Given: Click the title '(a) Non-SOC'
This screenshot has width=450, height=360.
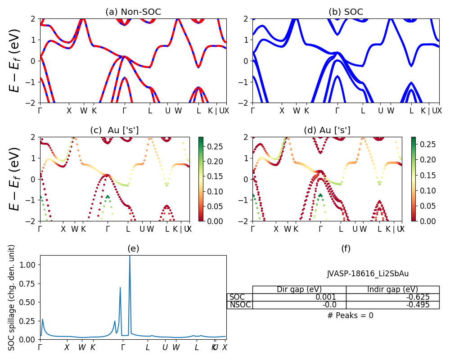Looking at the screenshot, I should tap(133, 12).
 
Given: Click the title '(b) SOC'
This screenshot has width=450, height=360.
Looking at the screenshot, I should tap(346, 12).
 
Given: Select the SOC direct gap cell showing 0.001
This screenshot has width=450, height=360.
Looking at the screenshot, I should tap(299, 297).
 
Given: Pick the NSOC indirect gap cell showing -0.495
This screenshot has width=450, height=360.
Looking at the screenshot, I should tap(392, 305).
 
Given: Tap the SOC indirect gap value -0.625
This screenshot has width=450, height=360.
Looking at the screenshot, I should tap(392, 297).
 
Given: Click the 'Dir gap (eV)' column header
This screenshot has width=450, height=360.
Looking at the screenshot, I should tap(299, 289).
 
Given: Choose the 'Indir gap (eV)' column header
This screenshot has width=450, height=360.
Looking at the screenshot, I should tap(392, 289).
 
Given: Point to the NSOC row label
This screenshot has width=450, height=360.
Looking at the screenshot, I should tap(239, 305).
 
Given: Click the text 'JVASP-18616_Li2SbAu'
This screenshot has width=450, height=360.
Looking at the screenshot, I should tap(368, 274).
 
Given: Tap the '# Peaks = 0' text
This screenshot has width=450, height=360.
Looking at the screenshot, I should tap(350, 315).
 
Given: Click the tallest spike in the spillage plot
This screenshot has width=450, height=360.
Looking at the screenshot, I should tap(130, 257).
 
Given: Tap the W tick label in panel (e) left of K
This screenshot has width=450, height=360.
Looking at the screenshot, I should tap(82, 347).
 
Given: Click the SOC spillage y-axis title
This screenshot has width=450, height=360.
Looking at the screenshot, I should tap(12, 297).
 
